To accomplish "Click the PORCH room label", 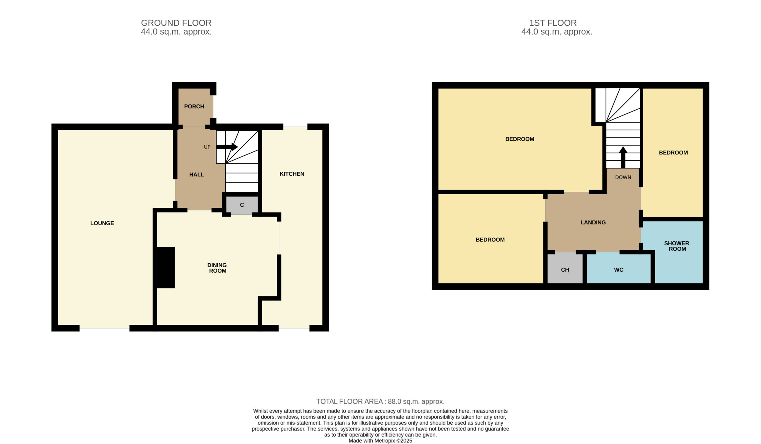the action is [194, 107].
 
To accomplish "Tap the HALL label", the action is [196, 174].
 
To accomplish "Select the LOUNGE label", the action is [102, 223].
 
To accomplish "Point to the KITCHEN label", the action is [292, 174].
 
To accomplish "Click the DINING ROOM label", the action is [217, 268].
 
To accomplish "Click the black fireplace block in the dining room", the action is [166, 268].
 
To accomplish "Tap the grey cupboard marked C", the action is [242, 205].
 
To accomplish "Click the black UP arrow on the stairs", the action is [227, 147].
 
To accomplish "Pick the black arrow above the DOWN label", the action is [623, 157].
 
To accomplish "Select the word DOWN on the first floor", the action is [623, 177].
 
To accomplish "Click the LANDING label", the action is [593, 223].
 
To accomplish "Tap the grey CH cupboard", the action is [565, 268].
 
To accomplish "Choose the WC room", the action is [619, 269].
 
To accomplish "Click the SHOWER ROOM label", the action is [677, 246].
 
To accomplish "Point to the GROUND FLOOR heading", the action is [176, 23].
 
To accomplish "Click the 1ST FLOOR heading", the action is [553, 23].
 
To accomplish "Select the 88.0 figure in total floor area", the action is [394, 401].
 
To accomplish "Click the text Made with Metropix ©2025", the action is [380, 441].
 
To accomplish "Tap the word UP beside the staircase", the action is [207, 147].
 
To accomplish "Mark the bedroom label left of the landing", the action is [490, 240].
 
